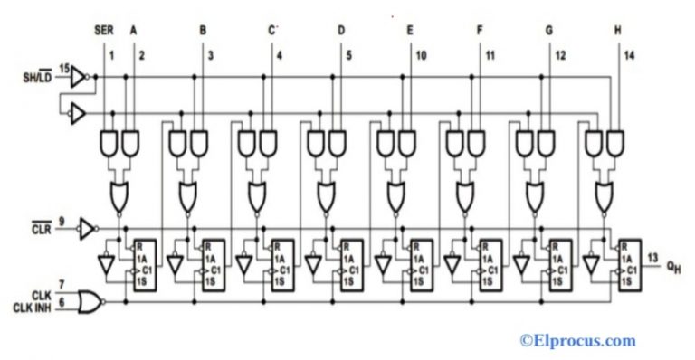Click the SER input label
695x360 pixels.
104,30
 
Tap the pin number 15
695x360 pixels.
63,68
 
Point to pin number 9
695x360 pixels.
62,219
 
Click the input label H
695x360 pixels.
618,30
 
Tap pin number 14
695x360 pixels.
629,56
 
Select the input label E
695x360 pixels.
410,30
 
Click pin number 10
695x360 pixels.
420,56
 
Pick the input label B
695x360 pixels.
202,30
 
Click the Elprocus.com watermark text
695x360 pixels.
576,341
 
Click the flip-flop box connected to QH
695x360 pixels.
628,263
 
